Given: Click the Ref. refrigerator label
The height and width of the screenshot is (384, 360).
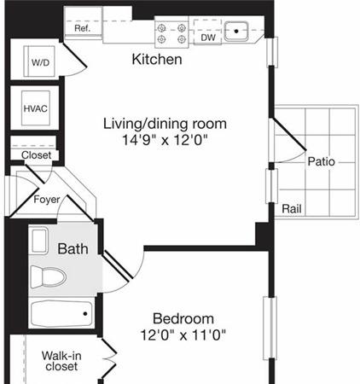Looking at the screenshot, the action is (83, 28).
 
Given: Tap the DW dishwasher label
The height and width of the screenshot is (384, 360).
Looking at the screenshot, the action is (208, 38).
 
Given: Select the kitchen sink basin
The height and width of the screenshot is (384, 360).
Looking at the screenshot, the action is (236, 31).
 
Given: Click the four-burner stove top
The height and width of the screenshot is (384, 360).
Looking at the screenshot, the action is (171, 33).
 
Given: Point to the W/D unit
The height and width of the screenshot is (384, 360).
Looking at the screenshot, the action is (39, 61).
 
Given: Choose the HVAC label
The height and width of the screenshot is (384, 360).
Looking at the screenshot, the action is (36, 108).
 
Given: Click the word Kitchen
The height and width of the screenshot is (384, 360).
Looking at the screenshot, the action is (157, 59).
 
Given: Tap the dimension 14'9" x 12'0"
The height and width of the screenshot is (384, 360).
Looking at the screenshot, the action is (165, 140).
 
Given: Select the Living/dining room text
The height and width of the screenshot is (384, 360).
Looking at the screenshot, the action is (165, 124).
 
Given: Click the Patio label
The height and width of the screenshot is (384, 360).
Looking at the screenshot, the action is (322, 161).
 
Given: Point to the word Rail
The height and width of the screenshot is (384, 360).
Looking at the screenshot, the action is (292, 209).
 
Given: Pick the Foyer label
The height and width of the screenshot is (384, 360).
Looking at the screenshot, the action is (47, 199).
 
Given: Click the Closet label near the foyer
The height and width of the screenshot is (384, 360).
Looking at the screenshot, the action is (37, 155).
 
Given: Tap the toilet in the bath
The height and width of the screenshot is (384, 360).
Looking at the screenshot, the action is (49, 276).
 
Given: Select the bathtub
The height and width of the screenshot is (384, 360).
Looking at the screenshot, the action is (61, 314).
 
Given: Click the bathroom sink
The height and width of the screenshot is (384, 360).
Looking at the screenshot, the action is (39, 241).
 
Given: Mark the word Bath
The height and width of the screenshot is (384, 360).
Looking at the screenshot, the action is (73, 249).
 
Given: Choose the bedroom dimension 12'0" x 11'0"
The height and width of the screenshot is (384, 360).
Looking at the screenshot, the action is (183, 335).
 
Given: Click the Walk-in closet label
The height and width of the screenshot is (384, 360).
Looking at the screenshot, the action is (61, 361).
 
